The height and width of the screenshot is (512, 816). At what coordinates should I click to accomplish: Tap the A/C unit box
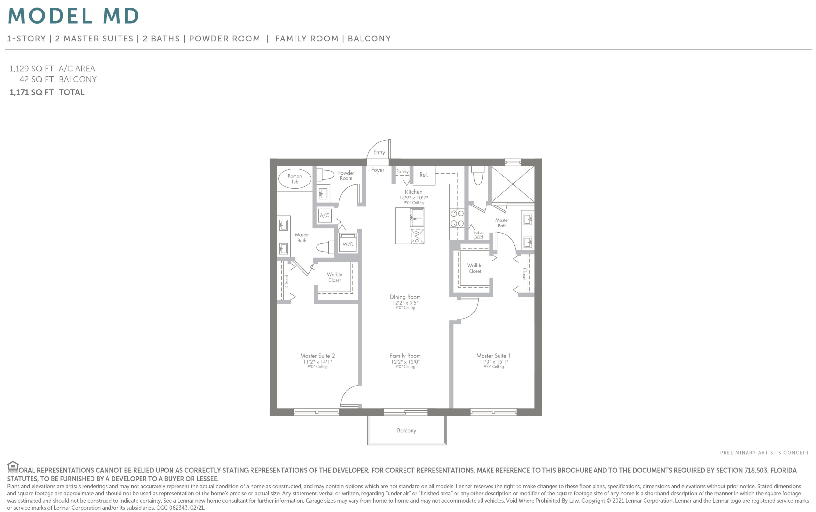325,215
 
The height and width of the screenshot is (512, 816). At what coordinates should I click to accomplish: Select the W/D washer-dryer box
348,242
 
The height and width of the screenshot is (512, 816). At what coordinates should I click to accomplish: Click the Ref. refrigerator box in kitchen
424,175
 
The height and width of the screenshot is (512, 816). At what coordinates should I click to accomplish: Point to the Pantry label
402,172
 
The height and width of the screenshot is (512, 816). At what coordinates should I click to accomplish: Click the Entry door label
379,152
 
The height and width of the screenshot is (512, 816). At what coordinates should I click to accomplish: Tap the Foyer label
378,170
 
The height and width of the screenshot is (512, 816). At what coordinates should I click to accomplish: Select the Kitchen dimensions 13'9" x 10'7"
414,198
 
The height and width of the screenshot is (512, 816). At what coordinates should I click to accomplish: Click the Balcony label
406,430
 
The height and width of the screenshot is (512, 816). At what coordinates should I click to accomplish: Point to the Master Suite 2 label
317,356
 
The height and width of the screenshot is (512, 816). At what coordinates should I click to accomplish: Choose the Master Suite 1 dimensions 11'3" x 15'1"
493,362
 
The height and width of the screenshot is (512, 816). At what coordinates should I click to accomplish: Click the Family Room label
405,356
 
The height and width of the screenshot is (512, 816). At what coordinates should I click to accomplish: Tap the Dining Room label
405,297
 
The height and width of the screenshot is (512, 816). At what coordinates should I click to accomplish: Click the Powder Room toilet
325,175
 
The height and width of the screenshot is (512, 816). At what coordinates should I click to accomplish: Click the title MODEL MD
74,16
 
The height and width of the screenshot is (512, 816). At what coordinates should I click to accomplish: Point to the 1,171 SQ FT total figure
32,92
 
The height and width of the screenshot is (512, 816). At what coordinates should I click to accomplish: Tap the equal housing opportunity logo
12,467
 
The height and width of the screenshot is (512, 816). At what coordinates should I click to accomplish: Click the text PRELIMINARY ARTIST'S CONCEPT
764,453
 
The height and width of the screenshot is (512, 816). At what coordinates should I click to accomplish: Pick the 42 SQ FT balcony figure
37,79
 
